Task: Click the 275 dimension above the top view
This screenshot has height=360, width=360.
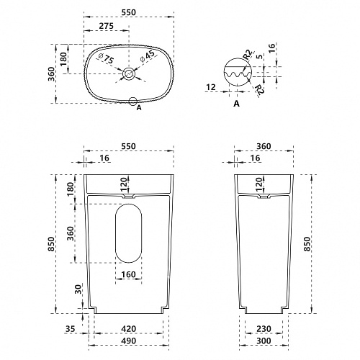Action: [x=107, y=26]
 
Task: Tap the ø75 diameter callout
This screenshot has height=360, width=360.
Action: [x=106, y=58]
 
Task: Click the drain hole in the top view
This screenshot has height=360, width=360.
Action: [x=129, y=73]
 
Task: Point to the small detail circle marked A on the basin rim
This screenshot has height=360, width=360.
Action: [x=132, y=102]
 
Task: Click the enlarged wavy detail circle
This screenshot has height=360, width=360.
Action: [x=238, y=72]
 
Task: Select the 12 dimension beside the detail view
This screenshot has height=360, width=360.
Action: [x=211, y=87]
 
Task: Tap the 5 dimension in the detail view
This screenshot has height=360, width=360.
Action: [x=260, y=57]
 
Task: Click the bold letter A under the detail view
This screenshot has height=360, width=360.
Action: [x=237, y=104]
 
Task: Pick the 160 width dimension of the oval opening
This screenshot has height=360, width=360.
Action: [x=129, y=274]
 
